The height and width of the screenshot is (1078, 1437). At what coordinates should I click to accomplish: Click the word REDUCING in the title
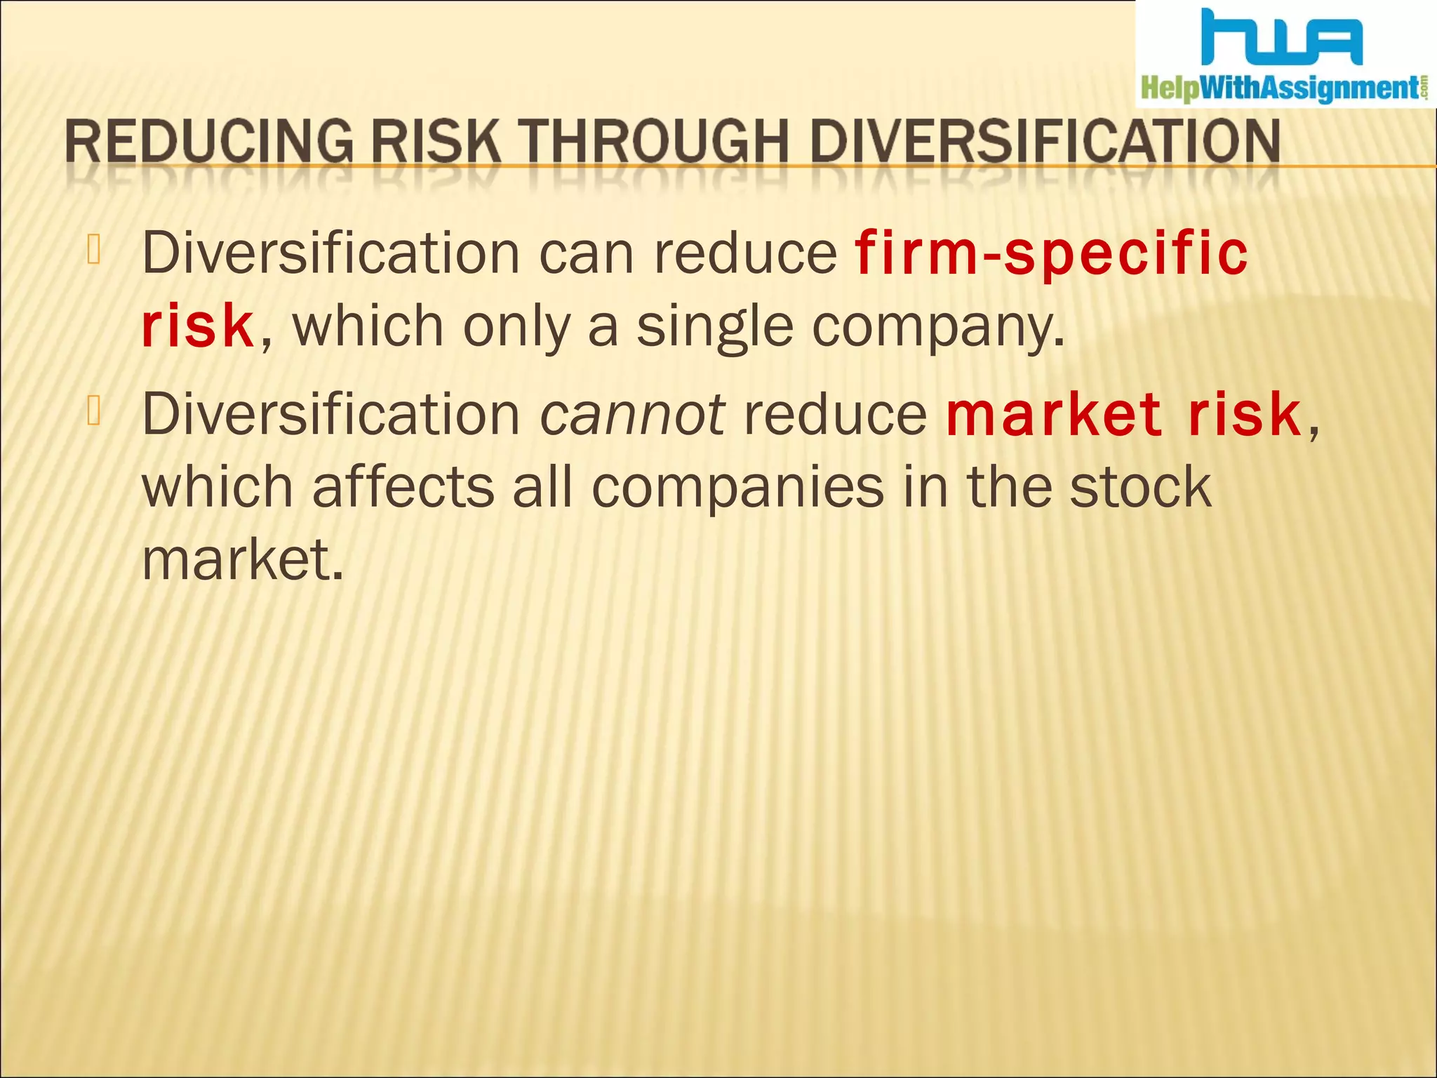(x=209, y=142)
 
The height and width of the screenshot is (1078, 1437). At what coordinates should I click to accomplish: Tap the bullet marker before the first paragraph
(x=95, y=251)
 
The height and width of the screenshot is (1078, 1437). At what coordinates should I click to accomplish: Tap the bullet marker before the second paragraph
(x=95, y=411)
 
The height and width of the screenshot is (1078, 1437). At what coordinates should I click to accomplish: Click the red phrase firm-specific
(x=1051, y=254)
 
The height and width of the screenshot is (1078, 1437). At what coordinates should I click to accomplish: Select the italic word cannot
(x=631, y=414)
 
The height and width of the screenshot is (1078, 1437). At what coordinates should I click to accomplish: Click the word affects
(x=403, y=487)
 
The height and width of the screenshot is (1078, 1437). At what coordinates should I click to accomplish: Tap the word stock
(x=1140, y=487)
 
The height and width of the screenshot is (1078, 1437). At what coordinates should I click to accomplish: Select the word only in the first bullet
(x=516, y=327)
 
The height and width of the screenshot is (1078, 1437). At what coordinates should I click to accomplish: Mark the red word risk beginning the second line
(x=197, y=327)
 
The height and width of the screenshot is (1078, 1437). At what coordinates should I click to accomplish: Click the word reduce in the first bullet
(x=745, y=254)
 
